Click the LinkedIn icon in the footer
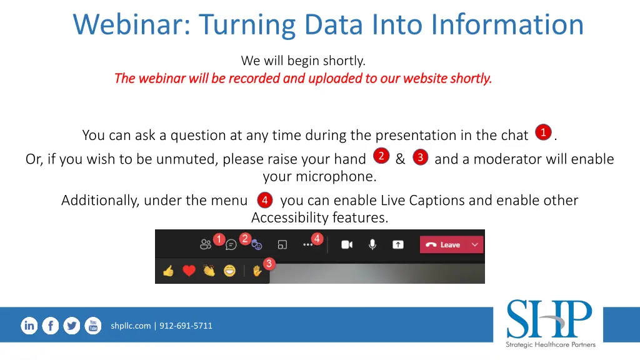pos(29,326)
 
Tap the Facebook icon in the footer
pos(51,326)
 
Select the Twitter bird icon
pos(72,326)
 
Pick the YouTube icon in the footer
pos(93,326)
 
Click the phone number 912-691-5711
pos(186,326)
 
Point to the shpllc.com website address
pos(131,326)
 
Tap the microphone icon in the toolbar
pos(372,244)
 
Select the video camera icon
pos(346,244)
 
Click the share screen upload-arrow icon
pos(398,244)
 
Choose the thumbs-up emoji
pos(168,271)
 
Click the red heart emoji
pos(189,271)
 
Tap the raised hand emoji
pos(257,271)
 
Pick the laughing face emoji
pos(229,271)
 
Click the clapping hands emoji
pos(209,271)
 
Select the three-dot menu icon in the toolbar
pos(307,245)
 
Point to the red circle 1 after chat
pos(543,132)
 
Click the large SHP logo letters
pos(549,319)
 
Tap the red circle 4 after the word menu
pos(264,201)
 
